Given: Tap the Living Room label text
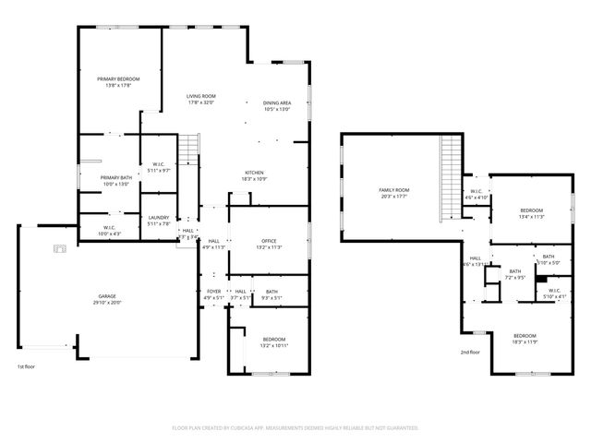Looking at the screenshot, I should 200,96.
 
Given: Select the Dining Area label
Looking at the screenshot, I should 277,103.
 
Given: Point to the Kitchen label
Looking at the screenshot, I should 254,173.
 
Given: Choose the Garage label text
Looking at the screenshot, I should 108,297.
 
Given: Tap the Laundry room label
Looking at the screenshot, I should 158,218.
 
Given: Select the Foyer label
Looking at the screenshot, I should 213,293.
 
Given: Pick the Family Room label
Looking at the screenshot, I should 393,191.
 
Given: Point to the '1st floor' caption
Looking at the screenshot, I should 27,366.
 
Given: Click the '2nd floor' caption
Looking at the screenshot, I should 471,352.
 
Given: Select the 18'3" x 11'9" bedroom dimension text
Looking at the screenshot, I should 525,341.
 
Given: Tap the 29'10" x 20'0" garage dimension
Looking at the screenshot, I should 108,303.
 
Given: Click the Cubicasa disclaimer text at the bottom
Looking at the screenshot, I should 295,428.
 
